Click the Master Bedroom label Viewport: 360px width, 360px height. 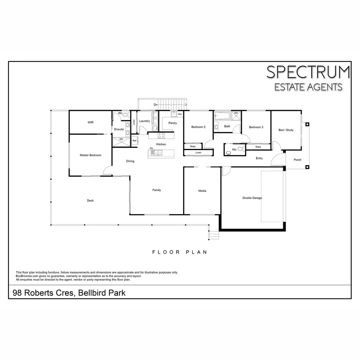point(90,155)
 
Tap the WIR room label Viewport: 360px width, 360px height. point(90,122)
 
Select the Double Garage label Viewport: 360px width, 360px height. point(252,198)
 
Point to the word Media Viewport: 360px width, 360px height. point(202,191)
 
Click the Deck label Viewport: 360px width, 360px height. point(90,201)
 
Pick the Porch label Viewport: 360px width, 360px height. point(297,160)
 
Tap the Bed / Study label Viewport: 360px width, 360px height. point(286,130)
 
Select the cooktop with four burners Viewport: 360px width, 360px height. point(161,136)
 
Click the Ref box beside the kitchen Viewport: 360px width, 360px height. point(135,141)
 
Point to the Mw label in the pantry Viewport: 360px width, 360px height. point(180,114)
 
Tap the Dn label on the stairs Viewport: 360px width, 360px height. point(155,105)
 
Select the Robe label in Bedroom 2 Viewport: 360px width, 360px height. point(193,146)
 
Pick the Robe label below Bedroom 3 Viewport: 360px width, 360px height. point(258,147)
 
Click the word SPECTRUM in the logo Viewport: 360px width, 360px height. point(308,72)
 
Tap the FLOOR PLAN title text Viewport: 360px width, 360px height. point(180,252)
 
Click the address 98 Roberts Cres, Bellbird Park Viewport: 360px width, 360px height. point(69,293)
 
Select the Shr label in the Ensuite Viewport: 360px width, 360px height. point(121,139)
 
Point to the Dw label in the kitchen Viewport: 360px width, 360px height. point(151,148)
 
